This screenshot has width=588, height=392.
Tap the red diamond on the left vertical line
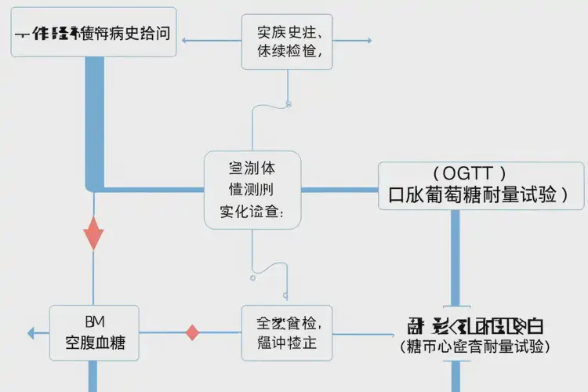coord(93,233)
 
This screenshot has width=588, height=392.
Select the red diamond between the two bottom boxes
coord(192,332)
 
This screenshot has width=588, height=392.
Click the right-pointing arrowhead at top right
coord(368,40)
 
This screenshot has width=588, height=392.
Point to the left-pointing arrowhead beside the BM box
coord(31,333)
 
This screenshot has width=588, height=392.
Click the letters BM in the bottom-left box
coord(94,321)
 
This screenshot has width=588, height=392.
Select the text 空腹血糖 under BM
coord(94,343)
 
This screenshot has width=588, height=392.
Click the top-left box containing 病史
coord(93,34)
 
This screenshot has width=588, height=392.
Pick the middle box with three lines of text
coord(252,190)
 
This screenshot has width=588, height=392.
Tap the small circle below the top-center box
coord(289,103)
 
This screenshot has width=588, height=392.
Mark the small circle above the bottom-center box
coord(252,277)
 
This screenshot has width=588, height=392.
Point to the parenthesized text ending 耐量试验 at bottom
coord(475,346)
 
